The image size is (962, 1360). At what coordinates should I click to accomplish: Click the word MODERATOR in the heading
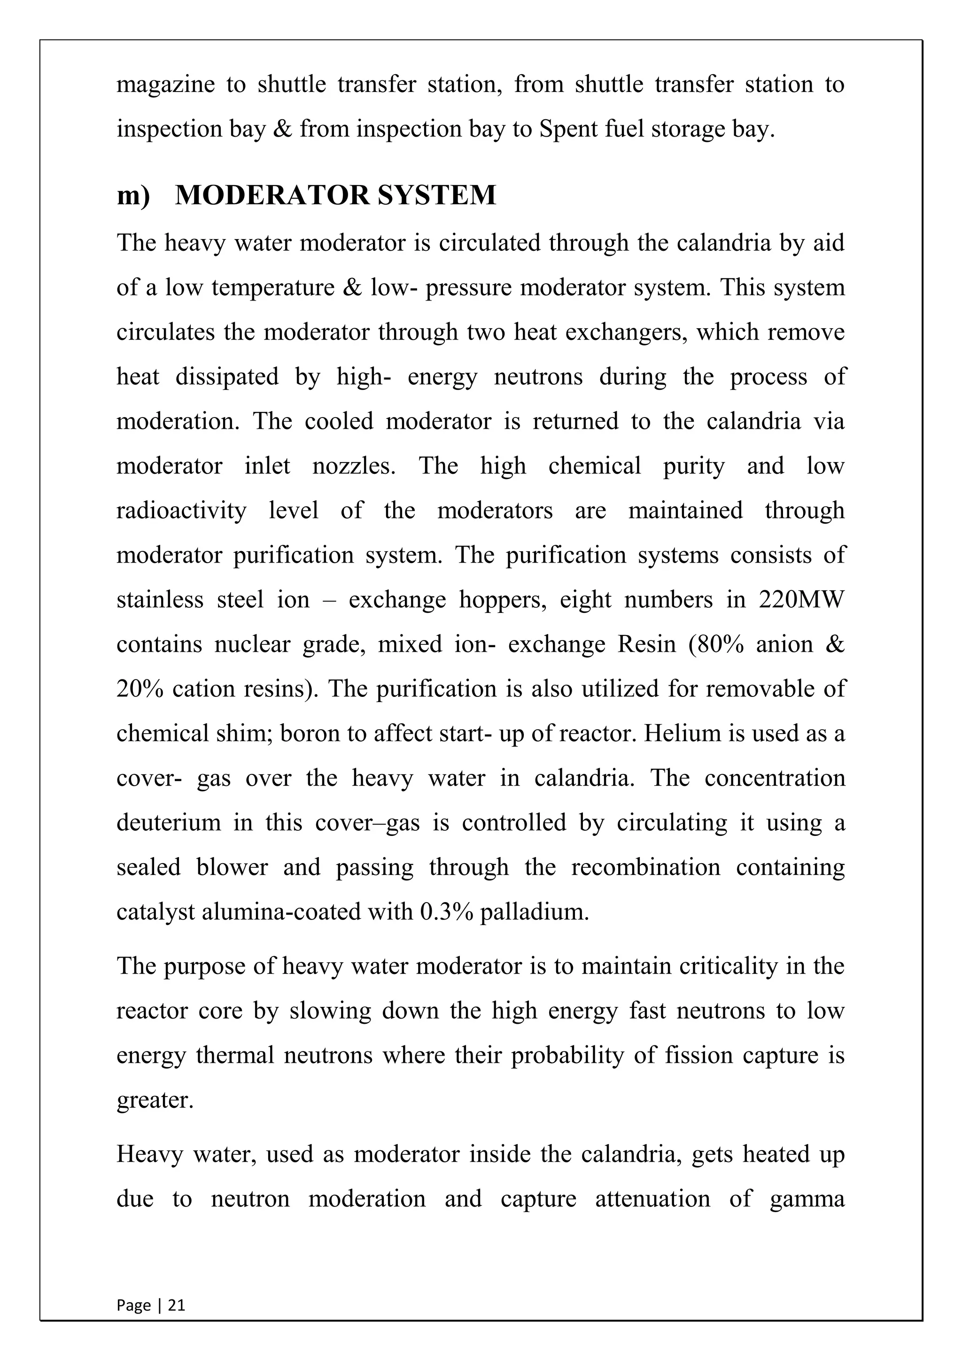click(272, 195)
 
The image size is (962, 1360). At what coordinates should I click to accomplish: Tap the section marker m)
click(133, 196)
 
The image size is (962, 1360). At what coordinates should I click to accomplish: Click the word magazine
click(165, 85)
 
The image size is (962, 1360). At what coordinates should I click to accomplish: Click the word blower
click(232, 867)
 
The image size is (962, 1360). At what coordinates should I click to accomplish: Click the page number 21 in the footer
click(177, 1305)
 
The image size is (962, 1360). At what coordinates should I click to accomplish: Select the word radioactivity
click(181, 510)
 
